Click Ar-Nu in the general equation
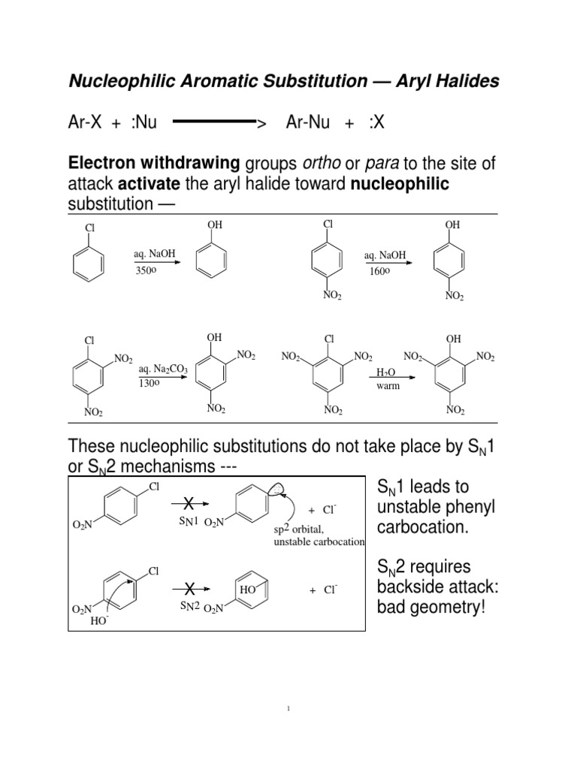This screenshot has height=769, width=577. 307,122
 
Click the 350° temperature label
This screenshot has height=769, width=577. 146,270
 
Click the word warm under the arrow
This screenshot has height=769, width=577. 388,386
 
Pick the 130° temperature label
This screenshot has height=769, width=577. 149,383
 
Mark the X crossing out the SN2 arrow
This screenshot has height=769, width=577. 190,587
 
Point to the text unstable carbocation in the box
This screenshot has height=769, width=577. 319,541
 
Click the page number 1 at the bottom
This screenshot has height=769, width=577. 288,710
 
